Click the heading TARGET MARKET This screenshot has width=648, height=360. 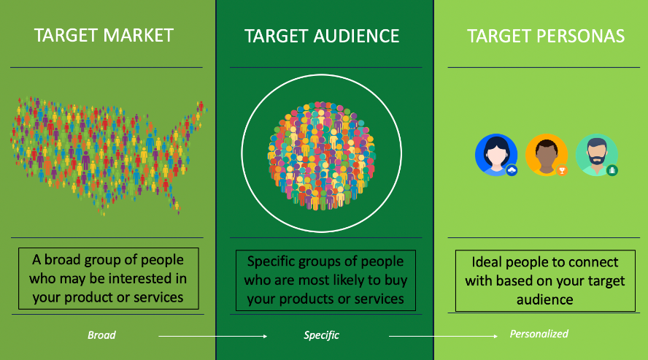click(x=104, y=35)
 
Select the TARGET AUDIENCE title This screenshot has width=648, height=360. click(x=322, y=36)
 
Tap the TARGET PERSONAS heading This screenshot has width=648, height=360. click(x=546, y=36)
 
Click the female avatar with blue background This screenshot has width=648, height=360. click(x=496, y=155)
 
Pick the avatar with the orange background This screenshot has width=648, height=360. click(x=547, y=155)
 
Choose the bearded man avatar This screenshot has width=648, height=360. click(x=597, y=155)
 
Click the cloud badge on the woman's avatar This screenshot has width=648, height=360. click(x=512, y=170)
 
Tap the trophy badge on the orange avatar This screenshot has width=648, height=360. click(x=562, y=170)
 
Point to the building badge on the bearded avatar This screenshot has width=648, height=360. click(x=612, y=170)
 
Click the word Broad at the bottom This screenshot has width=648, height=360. click(x=101, y=334)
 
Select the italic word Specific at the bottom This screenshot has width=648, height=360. click(x=322, y=334)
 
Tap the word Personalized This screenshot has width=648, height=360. click(x=539, y=334)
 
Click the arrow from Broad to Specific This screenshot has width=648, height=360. click(x=213, y=336)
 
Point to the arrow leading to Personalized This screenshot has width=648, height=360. click(x=444, y=336)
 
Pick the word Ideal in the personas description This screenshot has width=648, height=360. click(x=487, y=262)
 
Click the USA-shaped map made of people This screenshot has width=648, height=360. click(x=108, y=156)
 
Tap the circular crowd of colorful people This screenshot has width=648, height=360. click(x=322, y=156)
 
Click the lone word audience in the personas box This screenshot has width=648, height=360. click(x=544, y=299)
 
